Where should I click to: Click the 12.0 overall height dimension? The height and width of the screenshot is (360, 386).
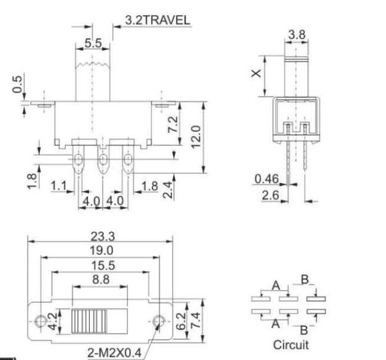click(195, 136)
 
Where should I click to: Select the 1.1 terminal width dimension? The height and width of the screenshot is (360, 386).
click(59, 186)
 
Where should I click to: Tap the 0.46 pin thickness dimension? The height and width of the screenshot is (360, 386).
click(267, 179)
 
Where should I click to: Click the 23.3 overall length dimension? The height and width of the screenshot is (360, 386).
click(101, 236)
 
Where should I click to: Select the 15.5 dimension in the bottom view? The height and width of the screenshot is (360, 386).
click(101, 266)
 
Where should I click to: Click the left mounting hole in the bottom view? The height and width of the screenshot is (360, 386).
click(39, 321)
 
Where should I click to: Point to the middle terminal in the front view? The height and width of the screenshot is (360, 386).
click(103, 162)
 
